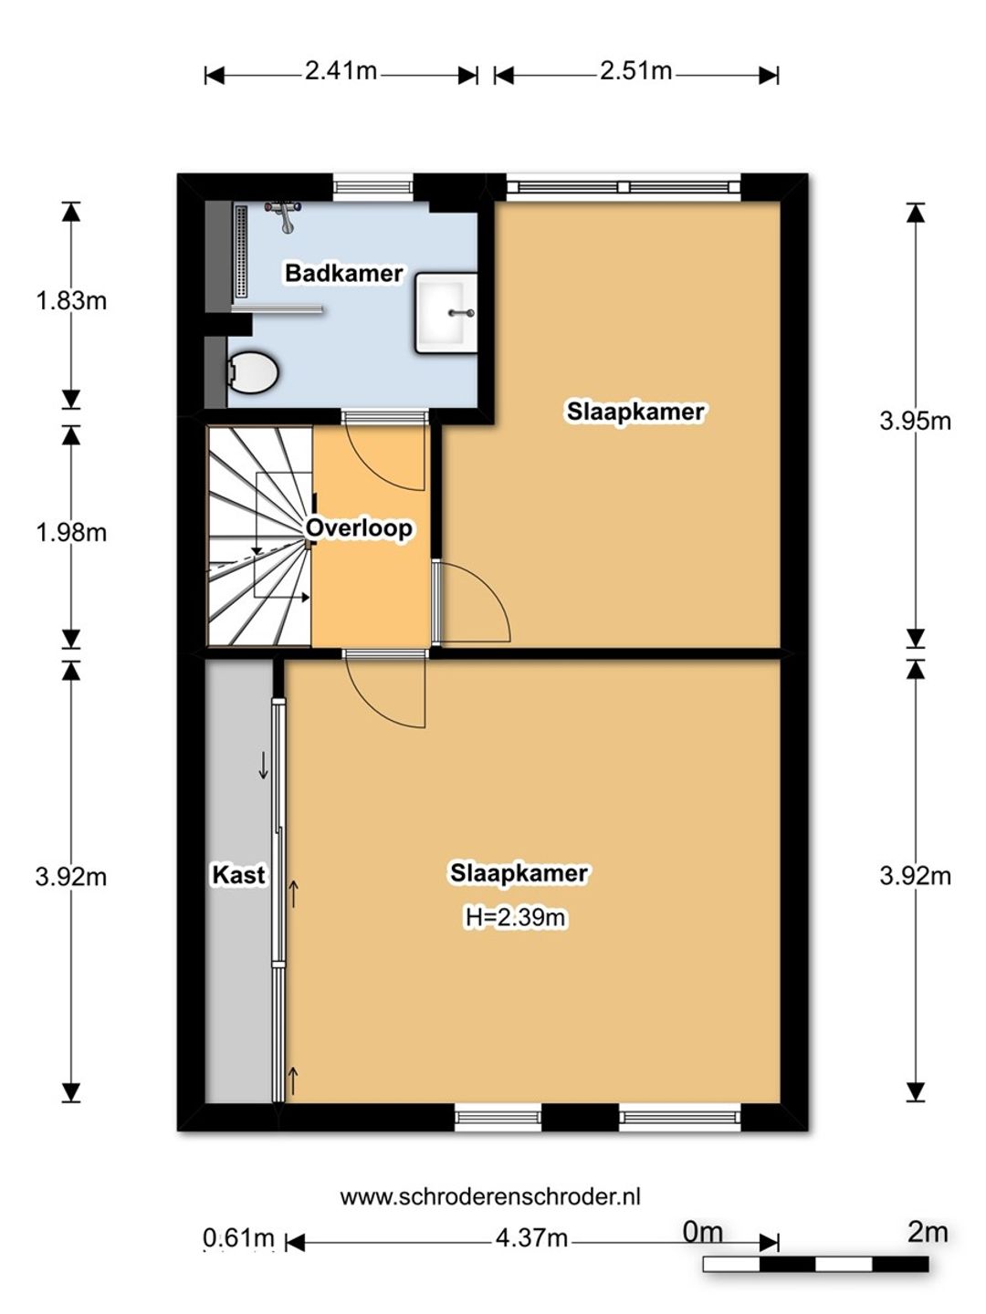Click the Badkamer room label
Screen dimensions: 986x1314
343,273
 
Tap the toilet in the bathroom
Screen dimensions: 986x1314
253,372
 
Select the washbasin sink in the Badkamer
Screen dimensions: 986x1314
446,312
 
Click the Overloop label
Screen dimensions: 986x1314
359,528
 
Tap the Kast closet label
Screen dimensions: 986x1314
238,875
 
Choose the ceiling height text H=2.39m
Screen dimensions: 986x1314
515,917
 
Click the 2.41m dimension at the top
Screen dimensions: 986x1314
341,71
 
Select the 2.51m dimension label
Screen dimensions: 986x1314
635,71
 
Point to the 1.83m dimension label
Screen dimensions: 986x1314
71,300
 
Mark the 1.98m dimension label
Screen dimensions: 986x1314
71,533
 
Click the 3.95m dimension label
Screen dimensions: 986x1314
916,422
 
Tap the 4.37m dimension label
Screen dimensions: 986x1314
531,1238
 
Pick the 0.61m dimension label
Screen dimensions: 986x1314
239,1238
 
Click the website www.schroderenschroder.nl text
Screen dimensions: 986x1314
490,1196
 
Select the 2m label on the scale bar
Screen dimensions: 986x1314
928,1233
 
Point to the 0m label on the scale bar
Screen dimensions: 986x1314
703,1233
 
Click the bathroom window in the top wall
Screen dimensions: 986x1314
373,187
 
